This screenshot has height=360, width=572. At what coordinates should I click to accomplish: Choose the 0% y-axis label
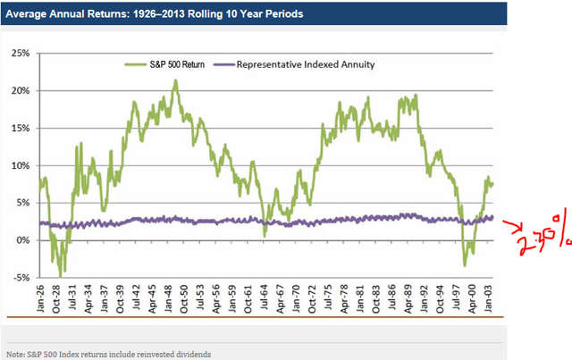click(22, 240)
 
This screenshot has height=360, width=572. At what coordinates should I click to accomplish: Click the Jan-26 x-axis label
click(41, 296)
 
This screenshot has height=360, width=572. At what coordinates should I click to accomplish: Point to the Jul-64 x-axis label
click(265, 296)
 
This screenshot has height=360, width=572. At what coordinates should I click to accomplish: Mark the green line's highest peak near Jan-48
click(175, 81)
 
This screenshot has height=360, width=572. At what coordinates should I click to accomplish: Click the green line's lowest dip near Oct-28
click(60, 273)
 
